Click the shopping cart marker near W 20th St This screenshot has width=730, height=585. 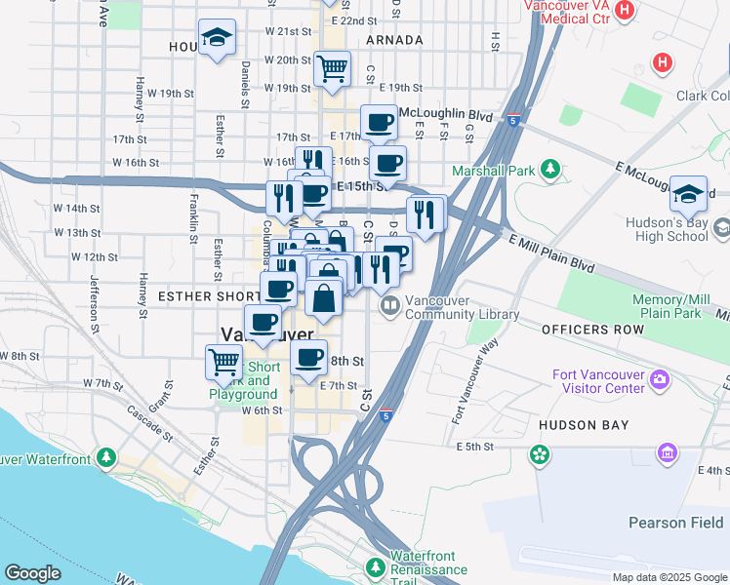pyautogui.click(x=332, y=69)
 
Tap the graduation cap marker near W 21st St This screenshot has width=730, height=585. pyautogui.click(x=217, y=38)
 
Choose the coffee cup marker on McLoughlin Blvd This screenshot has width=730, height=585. pyautogui.click(x=379, y=123)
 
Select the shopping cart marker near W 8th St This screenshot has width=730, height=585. pyautogui.click(x=224, y=362)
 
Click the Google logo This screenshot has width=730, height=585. pyautogui.click(x=33, y=573)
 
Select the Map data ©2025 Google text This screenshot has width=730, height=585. pyautogui.click(x=669, y=577)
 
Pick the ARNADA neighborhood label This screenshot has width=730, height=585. pyautogui.click(x=394, y=40)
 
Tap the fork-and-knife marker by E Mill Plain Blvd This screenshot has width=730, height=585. pyautogui.click(x=426, y=214)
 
